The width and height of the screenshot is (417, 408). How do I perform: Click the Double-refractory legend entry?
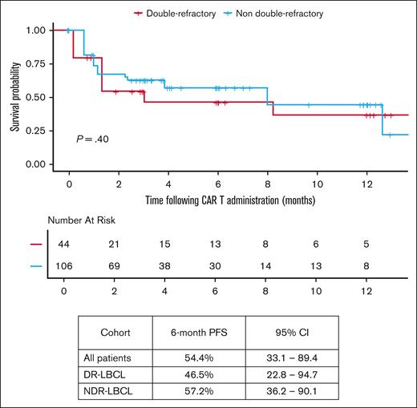(x=175, y=13)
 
